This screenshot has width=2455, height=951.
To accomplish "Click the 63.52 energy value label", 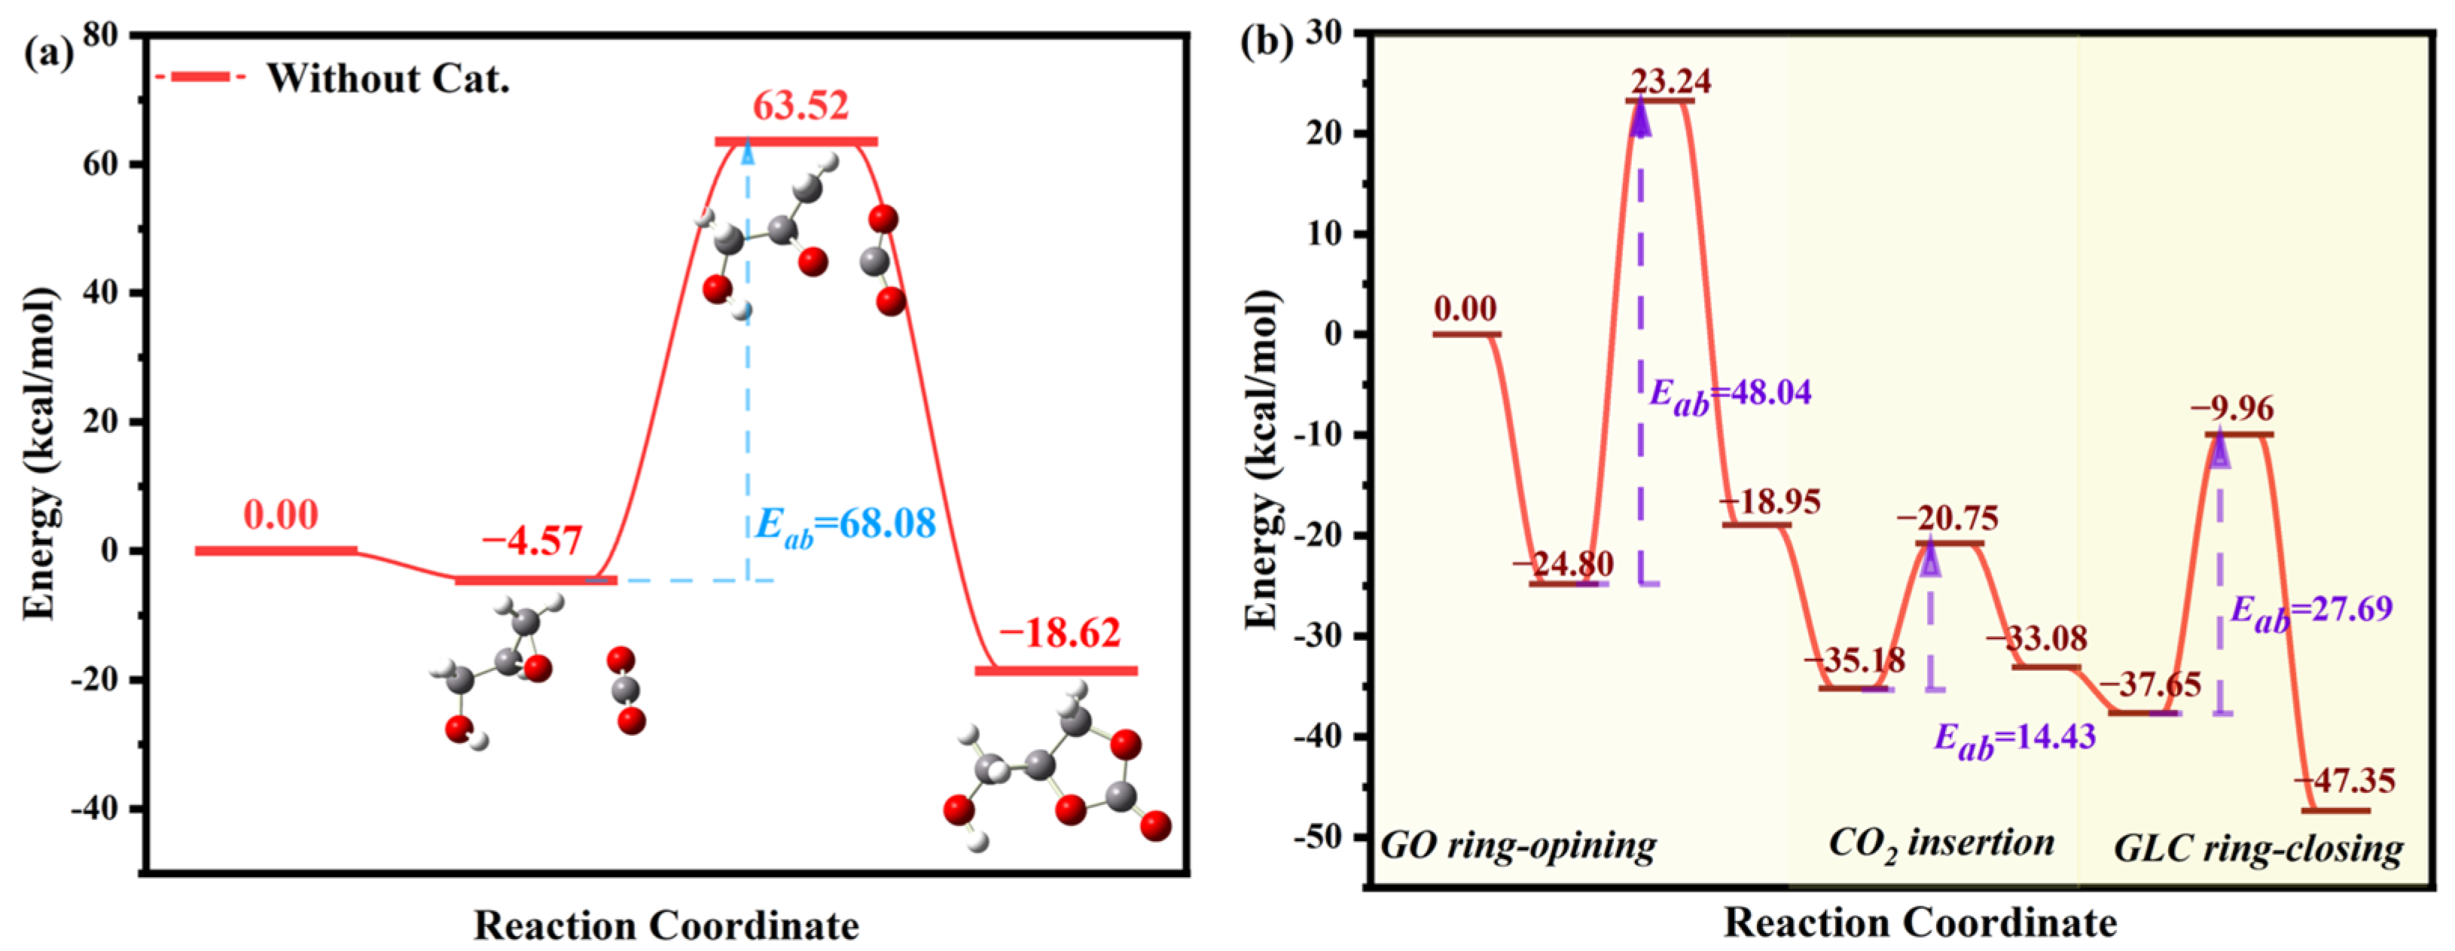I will [800, 105].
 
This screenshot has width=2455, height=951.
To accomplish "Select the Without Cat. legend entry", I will [387, 78].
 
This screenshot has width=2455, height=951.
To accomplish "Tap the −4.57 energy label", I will [531, 542].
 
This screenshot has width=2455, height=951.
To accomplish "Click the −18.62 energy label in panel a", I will [1060, 632].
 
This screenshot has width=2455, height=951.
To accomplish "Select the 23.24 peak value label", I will [1670, 81].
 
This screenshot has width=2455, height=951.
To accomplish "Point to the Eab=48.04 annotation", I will [1730, 394].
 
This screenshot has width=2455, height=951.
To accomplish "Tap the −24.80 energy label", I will [1563, 564].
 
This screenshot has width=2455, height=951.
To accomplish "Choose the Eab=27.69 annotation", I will [2311, 610].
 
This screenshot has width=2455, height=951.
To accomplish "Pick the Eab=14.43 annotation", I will [2014, 738].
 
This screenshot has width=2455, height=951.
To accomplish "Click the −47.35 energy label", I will [2344, 782].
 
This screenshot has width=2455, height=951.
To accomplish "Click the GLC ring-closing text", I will [2258, 848].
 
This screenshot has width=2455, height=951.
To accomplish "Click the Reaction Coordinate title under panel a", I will [666, 925].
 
